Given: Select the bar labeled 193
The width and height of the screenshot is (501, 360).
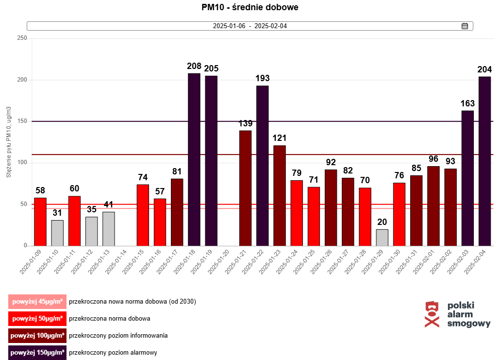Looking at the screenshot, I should click(263, 165).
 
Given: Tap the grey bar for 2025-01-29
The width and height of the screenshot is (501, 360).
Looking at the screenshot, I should click(382, 237).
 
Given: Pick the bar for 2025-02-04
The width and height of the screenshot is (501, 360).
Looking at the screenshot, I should click(484, 161).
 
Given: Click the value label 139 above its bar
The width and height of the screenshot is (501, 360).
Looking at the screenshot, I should click(246, 123).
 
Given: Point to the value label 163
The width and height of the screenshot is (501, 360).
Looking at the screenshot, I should click(468, 103).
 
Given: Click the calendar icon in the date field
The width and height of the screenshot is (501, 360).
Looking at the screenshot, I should click(465, 26).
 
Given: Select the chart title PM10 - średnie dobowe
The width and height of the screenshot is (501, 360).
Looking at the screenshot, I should click(250, 8).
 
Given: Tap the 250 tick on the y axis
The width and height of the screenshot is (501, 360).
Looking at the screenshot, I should click(22, 38).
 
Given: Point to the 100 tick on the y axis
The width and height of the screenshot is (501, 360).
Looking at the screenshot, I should click(22, 163).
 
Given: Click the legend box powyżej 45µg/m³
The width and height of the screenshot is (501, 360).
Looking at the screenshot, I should click(37, 302).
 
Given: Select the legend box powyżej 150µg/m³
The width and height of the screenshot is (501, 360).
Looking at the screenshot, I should click(37, 353).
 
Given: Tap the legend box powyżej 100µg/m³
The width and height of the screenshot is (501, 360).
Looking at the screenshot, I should click(37, 336).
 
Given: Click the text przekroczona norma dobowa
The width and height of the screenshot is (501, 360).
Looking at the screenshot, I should click(109, 319).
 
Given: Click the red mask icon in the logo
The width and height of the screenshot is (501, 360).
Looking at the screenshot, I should click(432, 314).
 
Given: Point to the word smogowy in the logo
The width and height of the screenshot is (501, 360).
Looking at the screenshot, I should click(468, 324).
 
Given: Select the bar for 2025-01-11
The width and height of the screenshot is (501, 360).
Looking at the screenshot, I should click(74, 221).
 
